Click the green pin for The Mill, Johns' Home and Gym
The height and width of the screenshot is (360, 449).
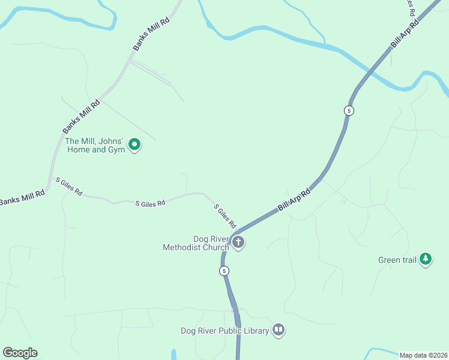[134, 144]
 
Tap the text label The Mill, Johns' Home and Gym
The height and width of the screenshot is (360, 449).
[94, 146]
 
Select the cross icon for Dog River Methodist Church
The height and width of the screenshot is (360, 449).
[238, 242]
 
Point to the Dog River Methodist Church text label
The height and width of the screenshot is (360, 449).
[196, 243]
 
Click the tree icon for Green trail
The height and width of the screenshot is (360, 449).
[426, 259]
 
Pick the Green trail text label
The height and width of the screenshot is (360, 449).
[397, 260]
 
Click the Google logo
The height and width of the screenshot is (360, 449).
[20, 353]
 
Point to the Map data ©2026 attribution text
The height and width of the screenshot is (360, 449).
[423, 355]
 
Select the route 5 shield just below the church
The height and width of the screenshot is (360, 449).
[224, 271]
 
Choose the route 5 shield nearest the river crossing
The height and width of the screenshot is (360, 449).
[349, 110]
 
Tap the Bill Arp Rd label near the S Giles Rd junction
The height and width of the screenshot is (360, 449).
[294, 200]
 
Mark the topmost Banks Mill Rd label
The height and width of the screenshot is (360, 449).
[152, 36]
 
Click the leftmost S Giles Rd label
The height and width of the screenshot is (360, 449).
[68, 187]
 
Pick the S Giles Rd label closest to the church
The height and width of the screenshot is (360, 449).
[225, 216]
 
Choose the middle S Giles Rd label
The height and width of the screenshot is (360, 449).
[150, 204]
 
